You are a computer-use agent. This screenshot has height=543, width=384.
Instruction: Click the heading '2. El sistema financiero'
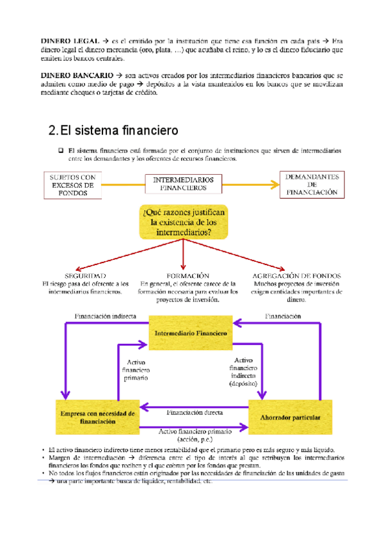[x=113, y=131]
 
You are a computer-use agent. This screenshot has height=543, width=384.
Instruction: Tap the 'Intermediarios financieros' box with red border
[x=183, y=184]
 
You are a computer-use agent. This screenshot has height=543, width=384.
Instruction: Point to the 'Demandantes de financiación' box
[x=312, y=183]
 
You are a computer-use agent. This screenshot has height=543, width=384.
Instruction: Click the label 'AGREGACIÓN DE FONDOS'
[x=296, y=275]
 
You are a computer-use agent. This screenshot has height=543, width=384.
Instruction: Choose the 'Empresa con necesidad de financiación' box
[x=97, y=418]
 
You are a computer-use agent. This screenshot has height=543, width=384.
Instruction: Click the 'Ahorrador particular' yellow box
[x=291, y=417]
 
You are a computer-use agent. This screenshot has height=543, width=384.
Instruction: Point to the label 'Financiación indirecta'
[x=105, y=316]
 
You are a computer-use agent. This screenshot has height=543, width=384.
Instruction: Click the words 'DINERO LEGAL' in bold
[x=62, y=41]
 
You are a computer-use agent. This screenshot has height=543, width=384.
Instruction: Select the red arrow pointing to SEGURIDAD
[x=122, y=255]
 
